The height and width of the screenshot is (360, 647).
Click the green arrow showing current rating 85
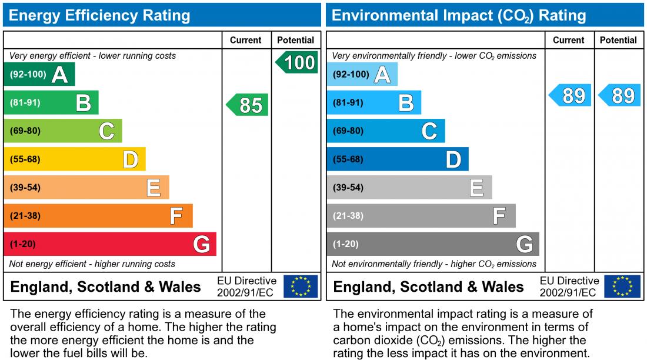248,105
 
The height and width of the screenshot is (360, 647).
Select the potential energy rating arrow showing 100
298,62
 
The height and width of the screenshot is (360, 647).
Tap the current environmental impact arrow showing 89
571,95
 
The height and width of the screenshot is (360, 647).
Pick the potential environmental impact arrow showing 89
621,95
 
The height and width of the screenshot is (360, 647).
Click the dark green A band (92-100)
39,75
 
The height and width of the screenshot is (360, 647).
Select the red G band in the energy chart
109,244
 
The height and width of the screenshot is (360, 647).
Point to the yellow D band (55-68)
74,159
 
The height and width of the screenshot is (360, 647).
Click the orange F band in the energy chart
98,216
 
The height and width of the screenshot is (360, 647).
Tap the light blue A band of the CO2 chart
362,75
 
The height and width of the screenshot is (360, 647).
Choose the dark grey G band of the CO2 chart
432,244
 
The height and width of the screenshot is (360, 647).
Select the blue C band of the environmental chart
385,131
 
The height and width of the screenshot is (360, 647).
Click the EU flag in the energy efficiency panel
301,286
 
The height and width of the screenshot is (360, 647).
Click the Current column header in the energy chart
246,40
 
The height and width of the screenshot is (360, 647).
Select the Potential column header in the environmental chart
618,40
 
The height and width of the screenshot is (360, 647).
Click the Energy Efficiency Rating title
99,15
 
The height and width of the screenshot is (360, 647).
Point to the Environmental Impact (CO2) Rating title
459,15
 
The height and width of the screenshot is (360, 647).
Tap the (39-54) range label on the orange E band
25,188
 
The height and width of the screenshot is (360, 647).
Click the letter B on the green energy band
84,104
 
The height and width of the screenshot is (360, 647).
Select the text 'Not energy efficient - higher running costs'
92,264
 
